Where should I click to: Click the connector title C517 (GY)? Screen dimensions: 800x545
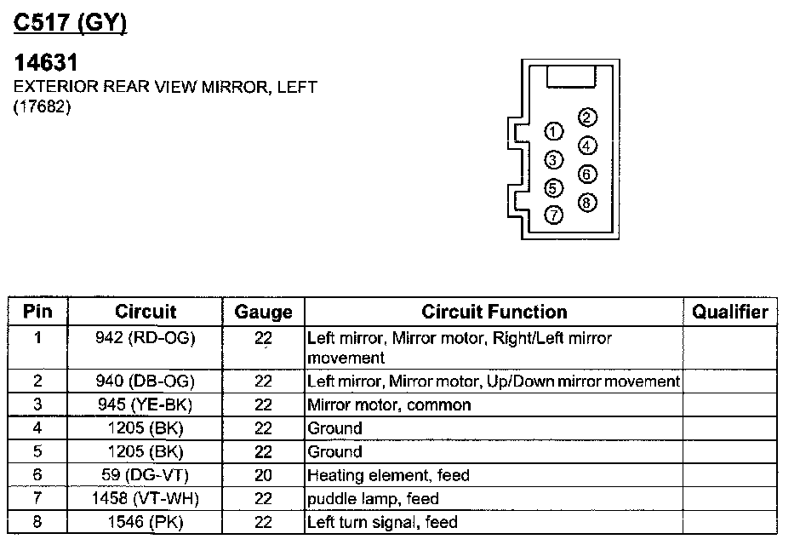(x=70, y=24)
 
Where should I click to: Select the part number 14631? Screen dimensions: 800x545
(x=46, y=63)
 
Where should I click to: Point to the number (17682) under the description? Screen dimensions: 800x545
(x=42, y=106)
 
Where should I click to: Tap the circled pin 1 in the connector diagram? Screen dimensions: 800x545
(x=553, y=132)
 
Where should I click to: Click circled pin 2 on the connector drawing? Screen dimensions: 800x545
(x=587, y=118)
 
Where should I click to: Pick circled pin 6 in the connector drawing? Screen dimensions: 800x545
(x=587, y=174)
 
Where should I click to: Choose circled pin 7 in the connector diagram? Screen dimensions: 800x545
(x=553, y=215)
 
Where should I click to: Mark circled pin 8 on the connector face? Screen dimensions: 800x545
(x=587, y=203)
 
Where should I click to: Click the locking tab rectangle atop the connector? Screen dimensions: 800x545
(x=571, y=77)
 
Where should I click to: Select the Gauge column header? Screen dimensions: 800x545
(x=263, y=312)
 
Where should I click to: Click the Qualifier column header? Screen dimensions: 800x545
(x=729, y=312)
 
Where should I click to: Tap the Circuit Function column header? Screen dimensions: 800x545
(x=494, y=312)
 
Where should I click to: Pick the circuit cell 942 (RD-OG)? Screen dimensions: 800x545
(x=146, y=338)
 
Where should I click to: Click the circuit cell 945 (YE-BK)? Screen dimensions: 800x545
(x=146, y=404)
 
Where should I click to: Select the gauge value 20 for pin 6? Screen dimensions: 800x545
(x=263, y=475)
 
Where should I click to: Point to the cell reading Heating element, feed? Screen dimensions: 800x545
(x=388, y=475)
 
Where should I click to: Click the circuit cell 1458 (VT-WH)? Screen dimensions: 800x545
(x=146, y=498)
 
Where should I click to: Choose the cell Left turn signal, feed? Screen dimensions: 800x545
(x=382, y=522)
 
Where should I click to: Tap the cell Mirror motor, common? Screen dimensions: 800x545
(x=389, y=404)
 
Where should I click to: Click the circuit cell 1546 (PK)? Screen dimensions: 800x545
(x=146, y=522)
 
